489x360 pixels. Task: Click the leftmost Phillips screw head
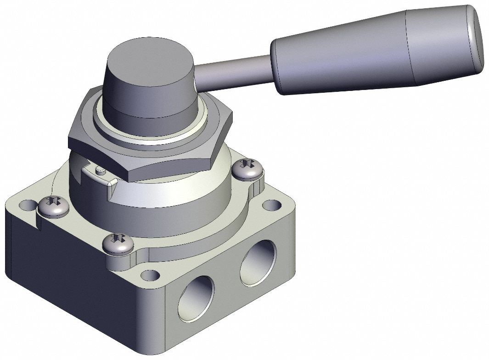coord(53,207)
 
